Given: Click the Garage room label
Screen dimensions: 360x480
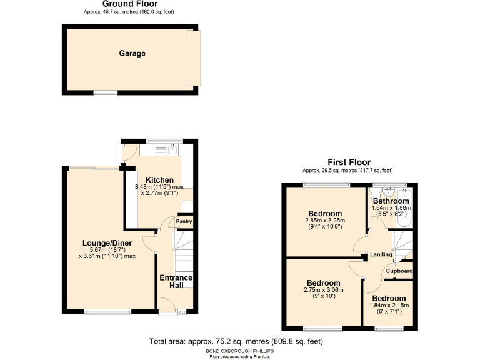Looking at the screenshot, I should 132,53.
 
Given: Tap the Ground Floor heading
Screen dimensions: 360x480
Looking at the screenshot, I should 131,4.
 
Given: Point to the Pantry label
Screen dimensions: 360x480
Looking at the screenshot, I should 184,221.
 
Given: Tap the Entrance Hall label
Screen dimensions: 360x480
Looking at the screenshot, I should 176,282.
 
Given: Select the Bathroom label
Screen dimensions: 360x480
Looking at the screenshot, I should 391,201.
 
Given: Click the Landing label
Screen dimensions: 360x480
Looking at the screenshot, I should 381,254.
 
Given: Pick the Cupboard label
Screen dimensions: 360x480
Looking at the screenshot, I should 399,271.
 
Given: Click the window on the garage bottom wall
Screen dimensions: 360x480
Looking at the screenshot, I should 106,94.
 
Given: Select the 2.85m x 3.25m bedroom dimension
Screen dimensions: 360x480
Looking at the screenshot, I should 325,220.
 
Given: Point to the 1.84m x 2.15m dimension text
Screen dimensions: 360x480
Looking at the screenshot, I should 389,306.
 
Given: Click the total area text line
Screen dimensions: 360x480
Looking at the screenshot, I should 236,341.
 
